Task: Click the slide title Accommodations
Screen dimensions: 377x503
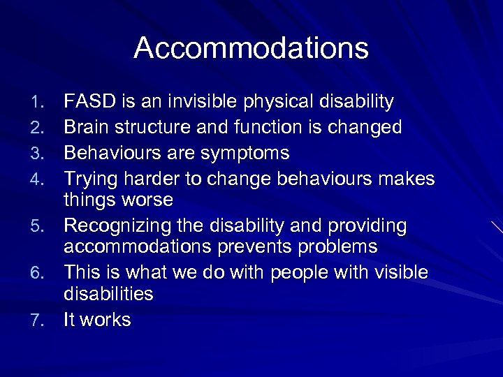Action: point(251,48)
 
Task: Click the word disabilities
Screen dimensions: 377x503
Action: point(108,293)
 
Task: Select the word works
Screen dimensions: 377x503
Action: point(107,320)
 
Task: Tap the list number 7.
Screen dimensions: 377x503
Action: point(48,320)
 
